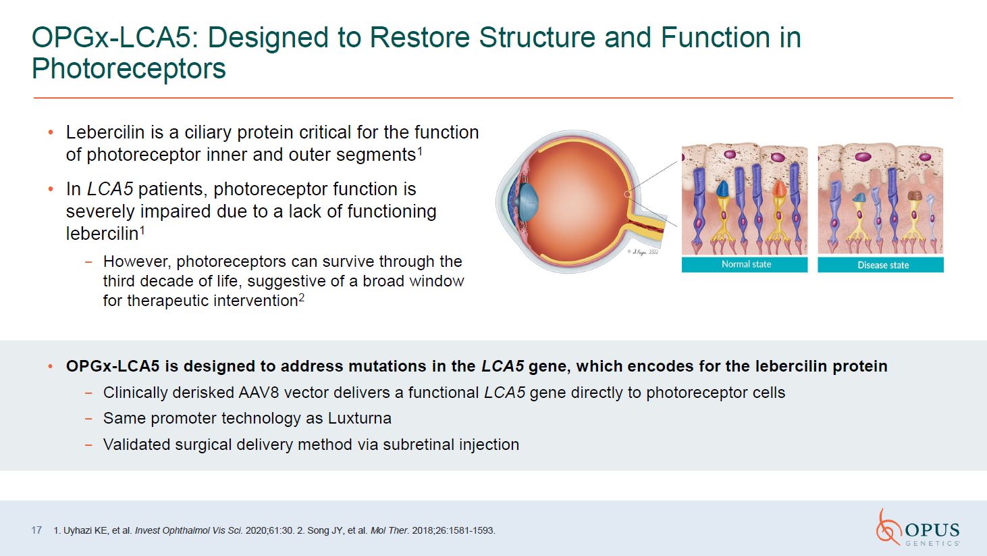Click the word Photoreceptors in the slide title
click(x=129, y=69)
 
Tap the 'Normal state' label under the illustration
click(x=746, y=264)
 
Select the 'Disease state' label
click(x=882, y=265)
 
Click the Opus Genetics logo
click(x=917, y=528)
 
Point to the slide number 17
click(x=36, y=530)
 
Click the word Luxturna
click(x=359, y=418)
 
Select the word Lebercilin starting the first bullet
click(x=105, y=132)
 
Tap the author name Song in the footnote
click(x=318, y=530)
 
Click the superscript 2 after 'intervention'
click(x=302, y=297)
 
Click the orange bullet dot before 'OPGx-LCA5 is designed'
click(x=49, y=366)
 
